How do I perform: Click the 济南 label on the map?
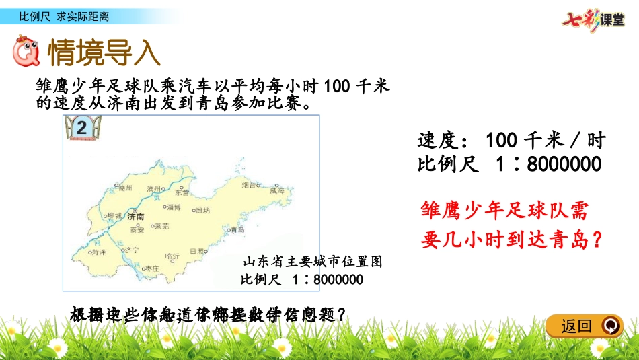pyautogui.click(x=137, y=217)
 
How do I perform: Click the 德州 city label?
pyautogui.click(x=126, y=188)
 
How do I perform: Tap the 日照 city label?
pyautogui.click(x=197, y=250)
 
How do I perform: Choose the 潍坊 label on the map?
pyautogui.click(x=202, y=210)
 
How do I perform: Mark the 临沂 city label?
pyautogui.click(x=172, y=256)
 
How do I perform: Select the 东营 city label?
pyautogui.click(x=182, y=192)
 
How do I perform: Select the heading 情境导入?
pyautogui.click(x=104, y=52)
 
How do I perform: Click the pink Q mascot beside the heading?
pyautogui.click(x=27, y=52)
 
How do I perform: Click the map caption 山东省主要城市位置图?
pyautogui.click(x=312, y=262)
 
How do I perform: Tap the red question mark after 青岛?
pyautogui.click(x=593, y=240)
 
